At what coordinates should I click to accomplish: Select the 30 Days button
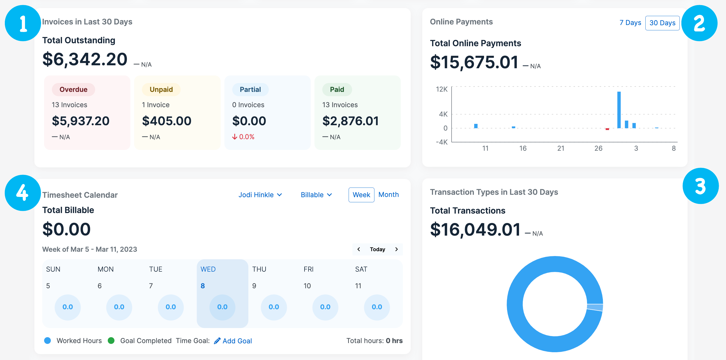[x=662, y=23]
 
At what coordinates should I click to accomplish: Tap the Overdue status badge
[x=73, y=89]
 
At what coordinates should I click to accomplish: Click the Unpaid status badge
[x=161, y=89]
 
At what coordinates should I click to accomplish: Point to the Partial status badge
[x=250, y=89]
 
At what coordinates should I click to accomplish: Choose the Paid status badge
[x=337, y=89]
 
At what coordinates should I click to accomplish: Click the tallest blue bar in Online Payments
[x=619, y=110]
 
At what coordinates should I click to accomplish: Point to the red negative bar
[x=607, y=129]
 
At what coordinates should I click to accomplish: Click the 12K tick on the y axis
[x=442, y=89]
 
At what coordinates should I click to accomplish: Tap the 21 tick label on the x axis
[x=561, y=149]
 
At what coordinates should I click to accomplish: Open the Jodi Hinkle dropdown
[x=260, y=195]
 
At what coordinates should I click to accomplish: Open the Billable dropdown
[x=316, y=195]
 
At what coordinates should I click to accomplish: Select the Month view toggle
[x=388, y=195]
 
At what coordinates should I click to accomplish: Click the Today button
[x=377, y=249]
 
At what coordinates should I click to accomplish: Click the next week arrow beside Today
[x=396, y=249]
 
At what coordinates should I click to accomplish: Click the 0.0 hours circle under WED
[x=222, y=307]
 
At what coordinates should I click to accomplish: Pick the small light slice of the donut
[x=595, y=307]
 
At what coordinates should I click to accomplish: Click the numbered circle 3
[x=700, y=186]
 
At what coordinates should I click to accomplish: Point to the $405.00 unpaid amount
[x=167, y=121]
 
